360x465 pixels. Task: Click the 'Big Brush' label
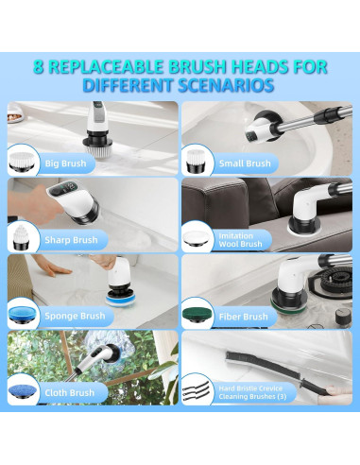pos(65,164)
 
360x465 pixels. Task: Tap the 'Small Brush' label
pos(245,164)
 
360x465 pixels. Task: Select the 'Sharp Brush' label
pos(71,240)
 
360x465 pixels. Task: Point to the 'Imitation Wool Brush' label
pos(240,240)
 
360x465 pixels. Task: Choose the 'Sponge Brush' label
pos(75,316)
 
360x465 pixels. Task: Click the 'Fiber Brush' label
pos(244,317)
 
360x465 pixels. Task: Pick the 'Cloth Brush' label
pos(70,393)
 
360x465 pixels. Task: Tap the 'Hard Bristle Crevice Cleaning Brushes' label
pos(252,392)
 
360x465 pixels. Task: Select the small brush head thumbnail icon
pos(197,162)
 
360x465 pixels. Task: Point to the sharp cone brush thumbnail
pos(21,238)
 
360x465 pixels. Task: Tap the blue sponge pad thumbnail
pos(24,315)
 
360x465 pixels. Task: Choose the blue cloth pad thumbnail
pos(24,392)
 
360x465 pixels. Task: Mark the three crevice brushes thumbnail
pos(196,390)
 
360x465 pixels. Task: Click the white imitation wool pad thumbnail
pos(197,239)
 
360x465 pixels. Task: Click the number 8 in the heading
pos(39,67)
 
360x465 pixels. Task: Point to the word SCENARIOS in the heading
pos(226,85)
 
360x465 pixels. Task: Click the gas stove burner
pos(336,282)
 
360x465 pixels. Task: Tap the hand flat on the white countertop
pos(54,267)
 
